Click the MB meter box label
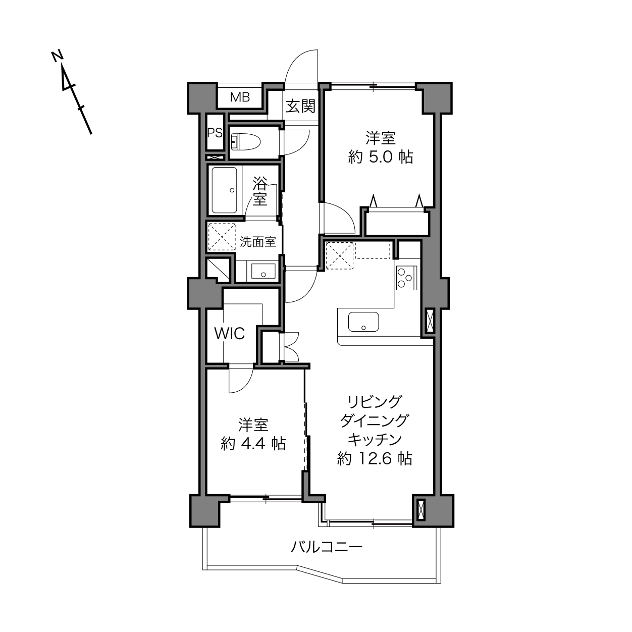click(x=240, y=97)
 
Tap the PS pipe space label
click(x=215, y=133)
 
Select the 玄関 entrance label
click(x=300, y=106)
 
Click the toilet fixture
click(x=246, y=142)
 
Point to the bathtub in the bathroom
click(x=224, y=190)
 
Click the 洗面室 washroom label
click(x=257, y=242)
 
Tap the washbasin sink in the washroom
click(x=264, y=271)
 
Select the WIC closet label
click(x=230, y=334)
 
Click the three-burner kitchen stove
click(x=407, y=278)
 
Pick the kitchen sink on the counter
click(x=363, y=322)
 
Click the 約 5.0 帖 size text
click(x=381, y=157)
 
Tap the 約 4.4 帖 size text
click(x=253, y=444)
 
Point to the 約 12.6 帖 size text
click(x=375, y=458)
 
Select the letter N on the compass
click(x=57, y=56)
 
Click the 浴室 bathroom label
click(x=260, y=191)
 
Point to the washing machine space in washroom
click(x=222, y=237)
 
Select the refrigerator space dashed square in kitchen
click(x=340, y=255)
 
